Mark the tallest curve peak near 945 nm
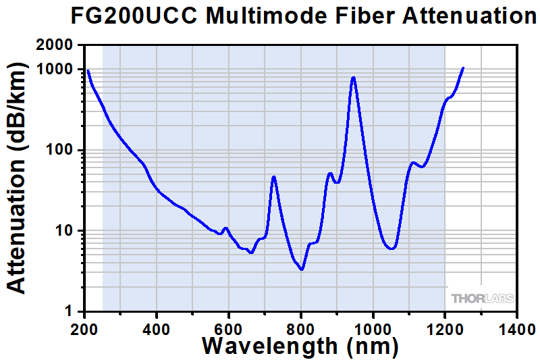[353, 78]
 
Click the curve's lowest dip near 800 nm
[301, 269]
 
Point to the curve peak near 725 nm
[273, 177]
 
